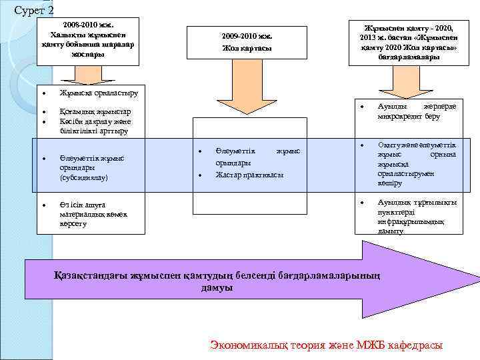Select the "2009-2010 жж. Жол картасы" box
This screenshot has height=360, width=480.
246,43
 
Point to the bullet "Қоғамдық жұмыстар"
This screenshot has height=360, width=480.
95,111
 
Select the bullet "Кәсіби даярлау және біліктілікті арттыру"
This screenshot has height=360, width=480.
95,126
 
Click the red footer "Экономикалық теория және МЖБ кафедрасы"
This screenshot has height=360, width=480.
326,345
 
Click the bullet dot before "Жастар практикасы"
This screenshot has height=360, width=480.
200,175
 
